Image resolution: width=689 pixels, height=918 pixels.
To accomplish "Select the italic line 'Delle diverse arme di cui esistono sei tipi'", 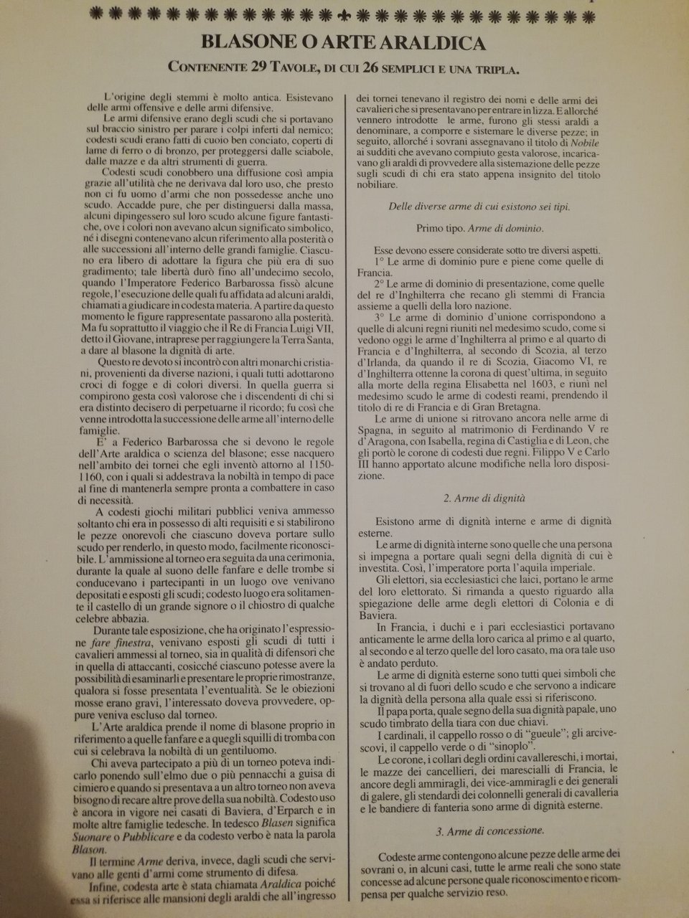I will click(x=479, y=207).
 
